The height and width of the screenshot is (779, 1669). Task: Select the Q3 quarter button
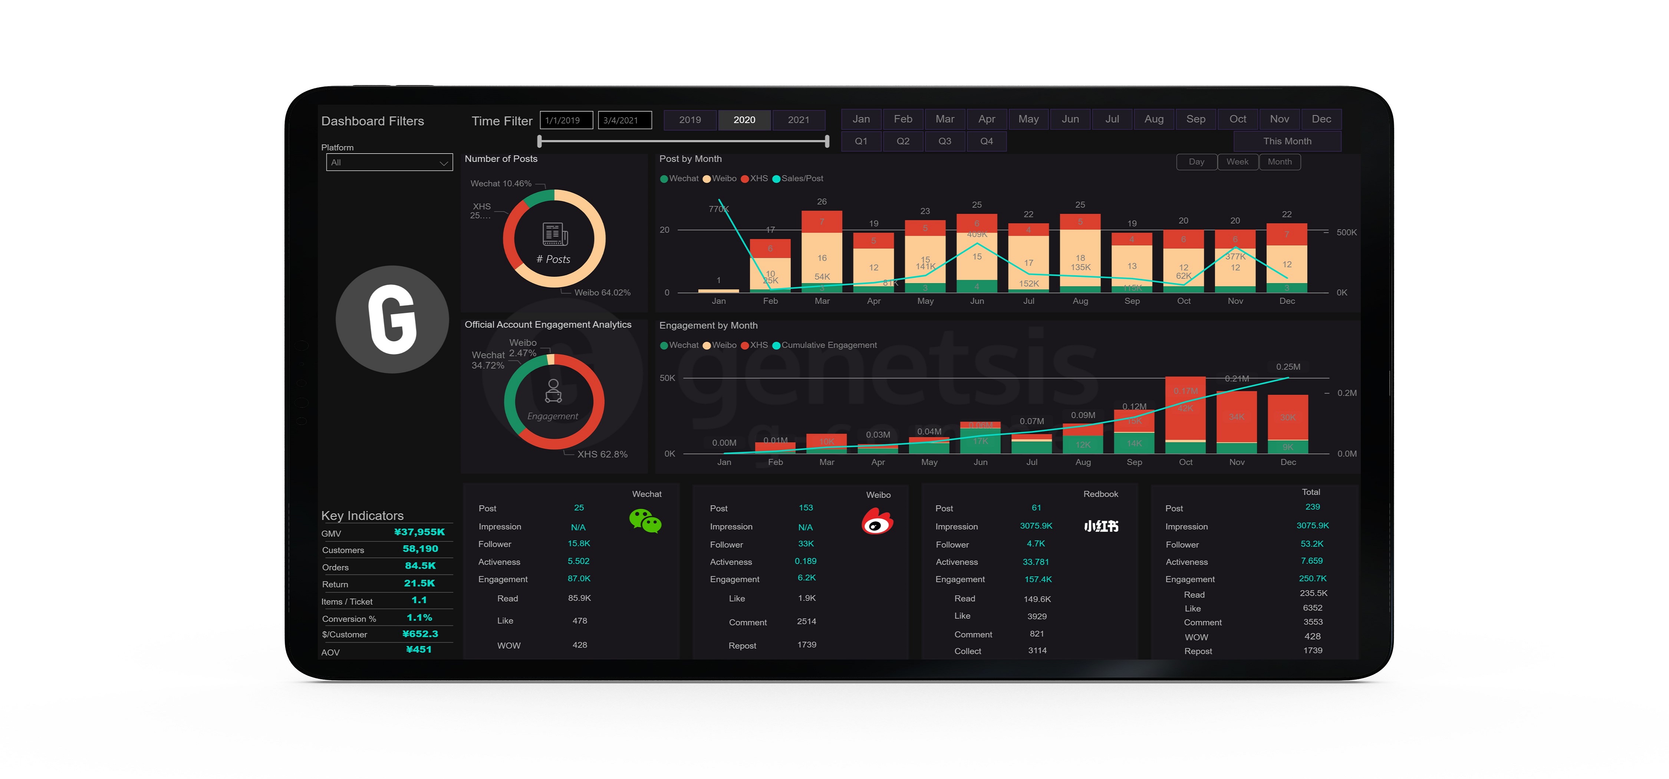[x=945, y=141]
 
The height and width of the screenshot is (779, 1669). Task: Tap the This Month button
[x=1287, y=141]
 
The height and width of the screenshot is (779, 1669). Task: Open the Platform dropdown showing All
[x=389, y=163]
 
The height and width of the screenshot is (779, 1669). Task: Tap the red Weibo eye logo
[x=877, y=521]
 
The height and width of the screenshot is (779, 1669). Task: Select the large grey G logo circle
[x=392, y=319]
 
